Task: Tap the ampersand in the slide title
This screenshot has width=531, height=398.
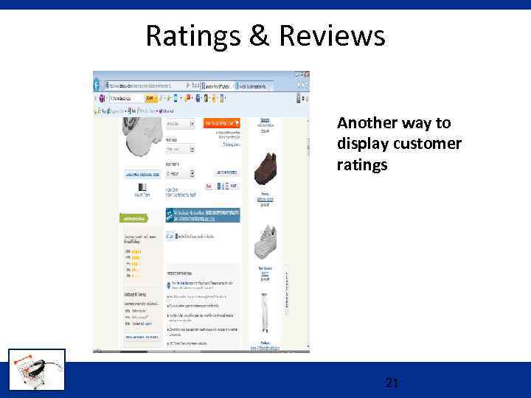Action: pyautogui.click(x=259, y=35)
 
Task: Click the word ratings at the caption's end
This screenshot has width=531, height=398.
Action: pyautogui.click(x=361, y=164)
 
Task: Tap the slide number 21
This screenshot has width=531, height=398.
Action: pyautogui.click(x=392, y=383)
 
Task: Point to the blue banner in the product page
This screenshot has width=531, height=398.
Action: pyautogui.click(x=203, y=215)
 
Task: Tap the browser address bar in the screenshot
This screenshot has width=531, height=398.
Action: pyautogui.click(x=144, y=85)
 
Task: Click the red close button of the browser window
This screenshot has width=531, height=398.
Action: pyautogui.click(x=306, y=74)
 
